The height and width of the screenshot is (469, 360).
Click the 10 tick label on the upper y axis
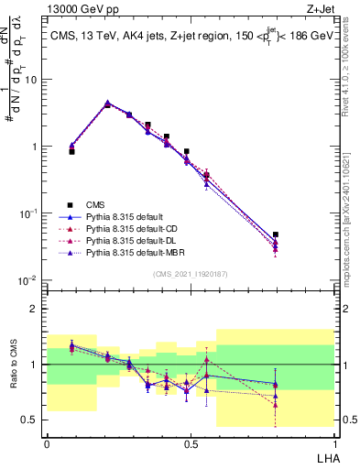tap(30, 80)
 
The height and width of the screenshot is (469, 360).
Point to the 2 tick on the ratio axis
tap(34, 309)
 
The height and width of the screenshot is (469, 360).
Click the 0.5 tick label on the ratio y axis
tap(30, 420)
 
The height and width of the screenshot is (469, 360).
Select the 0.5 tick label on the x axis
tap(190, 442)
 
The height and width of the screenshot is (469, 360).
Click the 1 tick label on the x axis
tap(333, 442)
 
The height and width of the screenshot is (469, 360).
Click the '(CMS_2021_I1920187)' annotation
tap(190, 274)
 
